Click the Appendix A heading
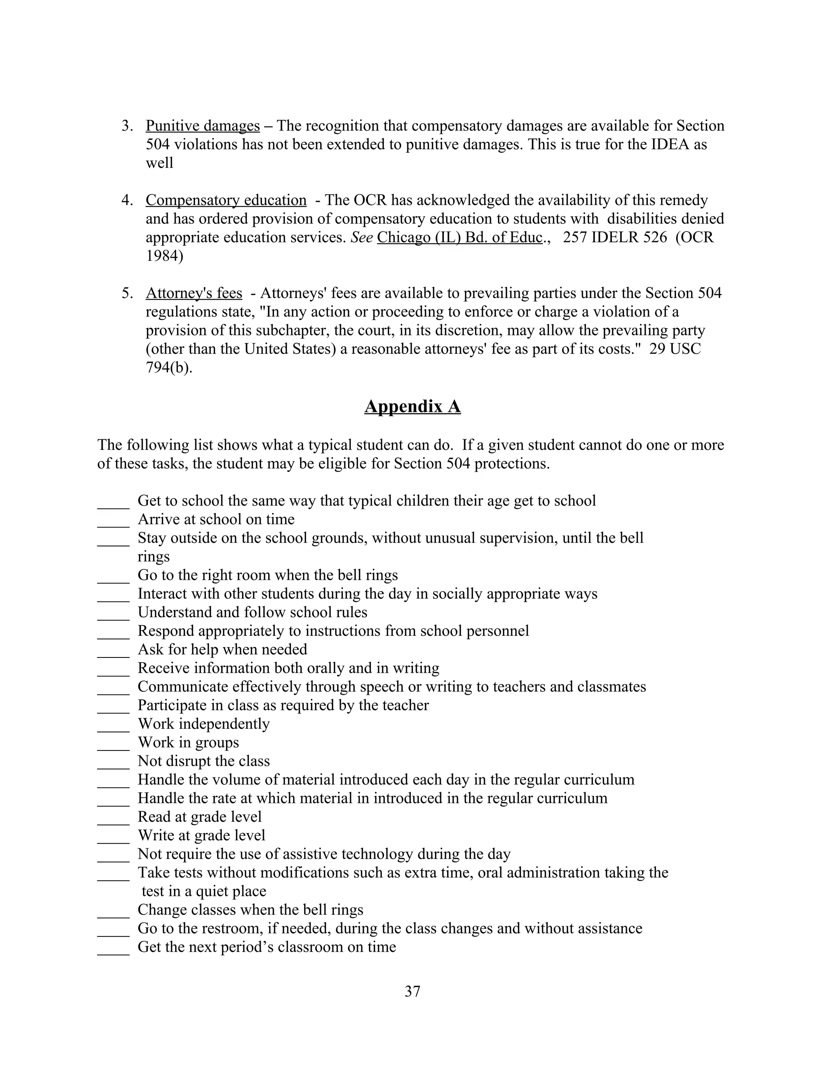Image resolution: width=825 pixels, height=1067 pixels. [x=412, y=407]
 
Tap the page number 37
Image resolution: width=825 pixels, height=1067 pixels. [x=412, y=991]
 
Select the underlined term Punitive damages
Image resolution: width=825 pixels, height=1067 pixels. [x=202, y=126]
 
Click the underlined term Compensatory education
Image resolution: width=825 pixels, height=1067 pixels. [x=226, y=200]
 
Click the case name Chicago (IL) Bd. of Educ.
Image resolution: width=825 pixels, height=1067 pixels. [x=459, y=238]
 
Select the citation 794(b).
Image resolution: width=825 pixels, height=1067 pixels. [x=169, y=367]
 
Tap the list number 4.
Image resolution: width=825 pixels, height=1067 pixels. [x=126, y=200]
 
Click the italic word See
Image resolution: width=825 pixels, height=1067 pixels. [x=362, y=238]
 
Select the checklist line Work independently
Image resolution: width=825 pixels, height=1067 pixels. [x=203, y=724]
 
